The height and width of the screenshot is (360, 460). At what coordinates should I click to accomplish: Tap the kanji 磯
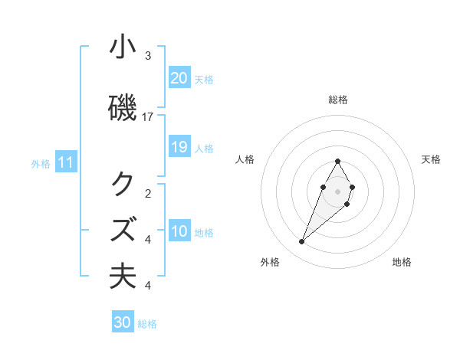pyautogui.click(x=123, y=109)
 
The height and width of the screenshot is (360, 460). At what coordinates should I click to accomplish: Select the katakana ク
pyautogui.click(x=123, y=185)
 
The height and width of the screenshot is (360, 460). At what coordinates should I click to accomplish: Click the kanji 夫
pyautogui.click(x=123, y=276)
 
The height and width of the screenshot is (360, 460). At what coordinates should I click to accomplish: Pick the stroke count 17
pyautogui.click(x=148, y=116)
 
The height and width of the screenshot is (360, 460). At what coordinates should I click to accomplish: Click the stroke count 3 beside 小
pyautogui.click(x=148, y=56)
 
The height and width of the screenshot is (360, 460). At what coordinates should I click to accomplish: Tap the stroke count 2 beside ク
pyautogui.click(x=148, y=193)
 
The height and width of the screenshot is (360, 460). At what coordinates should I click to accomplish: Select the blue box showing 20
pyautogui.click(x=179, y=77)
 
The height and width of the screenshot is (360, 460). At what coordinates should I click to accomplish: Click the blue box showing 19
pyautogui.click(x=179, y=147)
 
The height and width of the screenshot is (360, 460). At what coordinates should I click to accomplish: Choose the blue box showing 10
pyautogui.click(x=179, y=231)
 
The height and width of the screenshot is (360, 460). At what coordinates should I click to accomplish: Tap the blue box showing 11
pyautogui.click(x=66, y=162)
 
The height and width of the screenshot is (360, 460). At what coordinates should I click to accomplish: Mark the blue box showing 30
pyautogui.click(x=123, y=322)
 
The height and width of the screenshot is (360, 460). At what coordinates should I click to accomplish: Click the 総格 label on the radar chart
pyautogui.click(x=338, y=100)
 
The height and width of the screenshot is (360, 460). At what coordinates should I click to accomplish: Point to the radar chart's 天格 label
pyautogui.click(x=431, y=159)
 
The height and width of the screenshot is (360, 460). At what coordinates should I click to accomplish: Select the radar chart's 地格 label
pyautogui.click(x=402, y=262)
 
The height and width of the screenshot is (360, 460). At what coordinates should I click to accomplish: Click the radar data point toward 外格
pyautogui.click(x=302, y=242)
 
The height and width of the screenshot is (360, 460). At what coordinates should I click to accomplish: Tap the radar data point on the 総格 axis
pyautogui.click(x=338, y=162)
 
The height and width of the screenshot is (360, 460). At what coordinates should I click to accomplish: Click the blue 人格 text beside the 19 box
pyautogui.click(x=204, y=148)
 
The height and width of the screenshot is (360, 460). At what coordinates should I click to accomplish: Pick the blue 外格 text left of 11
pyautogui.click(x=41, y=163)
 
